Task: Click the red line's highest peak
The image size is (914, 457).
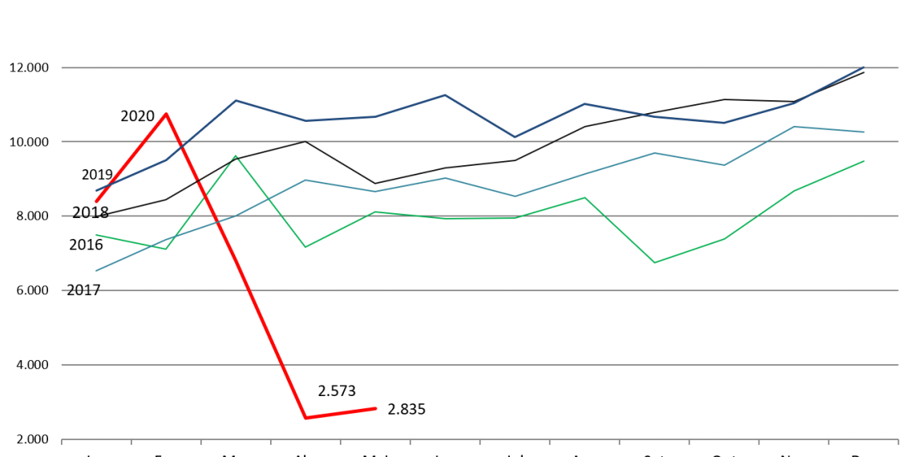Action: (166, 114)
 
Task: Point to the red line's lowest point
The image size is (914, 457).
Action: (305, 418)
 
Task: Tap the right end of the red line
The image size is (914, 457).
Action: (376, 408)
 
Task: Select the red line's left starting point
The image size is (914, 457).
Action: (96, 201)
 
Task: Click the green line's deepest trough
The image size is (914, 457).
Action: (654, 262)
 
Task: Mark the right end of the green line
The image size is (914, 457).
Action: (863, 161)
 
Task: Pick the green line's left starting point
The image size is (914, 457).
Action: (96, 235)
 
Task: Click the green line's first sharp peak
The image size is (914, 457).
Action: (236, 156)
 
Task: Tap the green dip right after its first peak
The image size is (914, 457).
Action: (305, 247)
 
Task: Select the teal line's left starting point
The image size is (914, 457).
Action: (96, 270)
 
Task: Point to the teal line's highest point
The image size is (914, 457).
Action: (793, 127)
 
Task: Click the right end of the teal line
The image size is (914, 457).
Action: (863, 131)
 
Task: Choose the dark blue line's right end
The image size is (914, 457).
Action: (863, 67)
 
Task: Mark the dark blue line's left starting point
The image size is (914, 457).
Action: (96, 190)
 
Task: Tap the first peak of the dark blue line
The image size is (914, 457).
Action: (236, 100)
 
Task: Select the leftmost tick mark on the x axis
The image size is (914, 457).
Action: (62, 440)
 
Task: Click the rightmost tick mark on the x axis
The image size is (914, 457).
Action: (898, 440)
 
